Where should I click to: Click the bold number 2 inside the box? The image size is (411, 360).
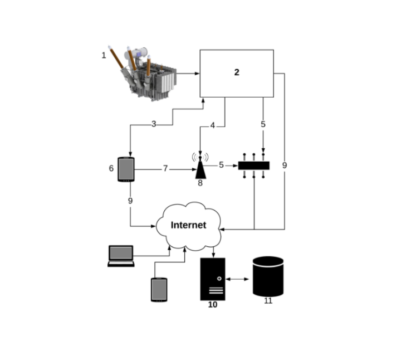[237, 72]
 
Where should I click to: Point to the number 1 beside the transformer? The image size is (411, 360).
[104, 55]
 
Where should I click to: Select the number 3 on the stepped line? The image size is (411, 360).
[154, 124]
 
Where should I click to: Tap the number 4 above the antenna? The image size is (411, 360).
[212, 125]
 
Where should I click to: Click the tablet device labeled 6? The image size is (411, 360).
[126, 169]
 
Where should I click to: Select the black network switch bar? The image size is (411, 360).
[254, 166]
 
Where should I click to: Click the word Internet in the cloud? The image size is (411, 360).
[188, 225]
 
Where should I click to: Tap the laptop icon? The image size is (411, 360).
[121, 255]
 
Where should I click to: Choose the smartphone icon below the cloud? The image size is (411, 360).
[159, 289]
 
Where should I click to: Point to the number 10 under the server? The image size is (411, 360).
[213, 305]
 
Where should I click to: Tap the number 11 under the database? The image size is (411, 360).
[268, 301]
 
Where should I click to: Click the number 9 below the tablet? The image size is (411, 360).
[130, 201]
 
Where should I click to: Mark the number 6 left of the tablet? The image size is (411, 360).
[111, 168]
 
